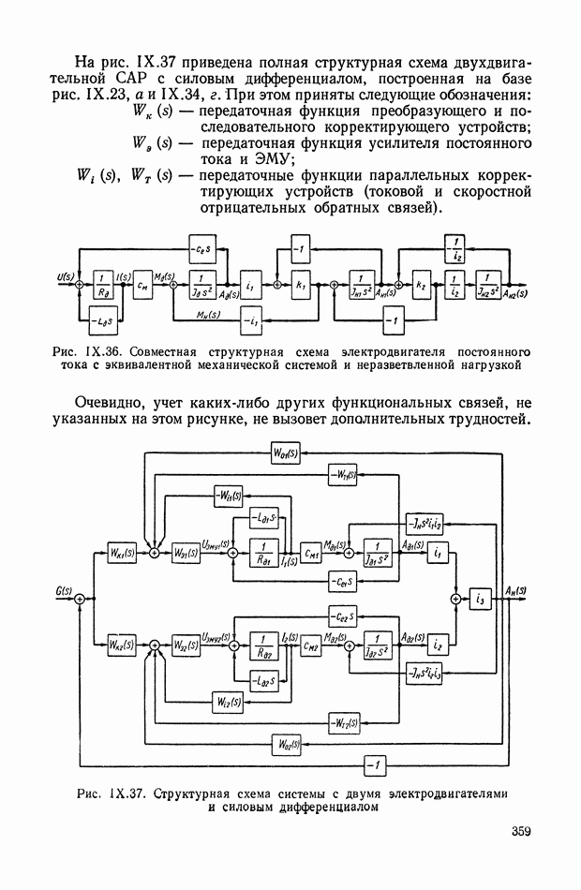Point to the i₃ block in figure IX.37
[x=481, y=597]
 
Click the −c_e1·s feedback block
[x=342, y=583]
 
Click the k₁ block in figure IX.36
[x=300, y=282]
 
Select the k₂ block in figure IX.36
[x=423, y=282]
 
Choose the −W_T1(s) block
[x=342, y=476]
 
